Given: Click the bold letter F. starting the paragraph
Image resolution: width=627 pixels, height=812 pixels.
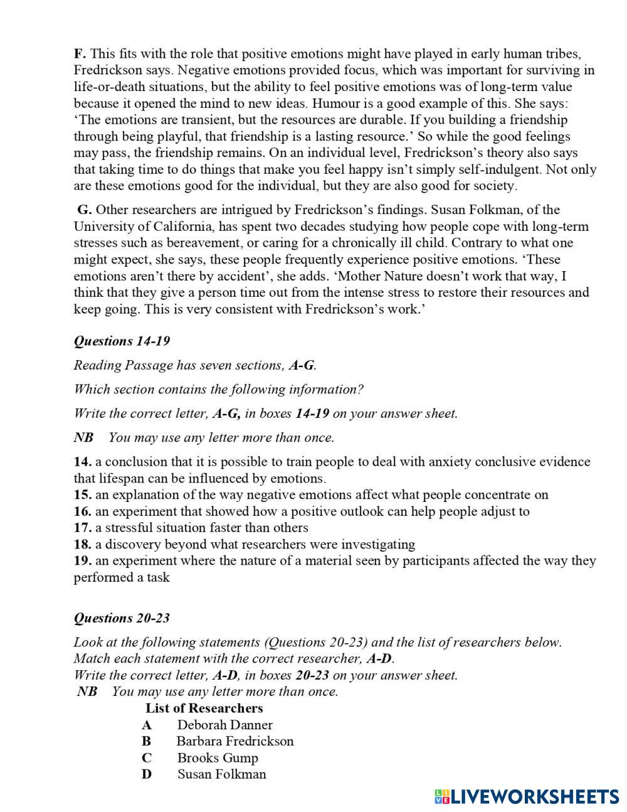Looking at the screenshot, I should (x=80, y=54).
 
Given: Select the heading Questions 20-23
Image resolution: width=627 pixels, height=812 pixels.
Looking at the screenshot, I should (x=122, y=618).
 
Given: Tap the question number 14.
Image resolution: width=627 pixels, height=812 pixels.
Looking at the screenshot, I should (x=83, y=462).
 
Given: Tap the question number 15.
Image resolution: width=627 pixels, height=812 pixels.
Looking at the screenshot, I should (x=83, y=494).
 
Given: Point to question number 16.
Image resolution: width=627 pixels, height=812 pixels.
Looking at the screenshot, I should (x=83, y=511).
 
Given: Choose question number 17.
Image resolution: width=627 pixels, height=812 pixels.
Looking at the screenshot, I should (x=83, y=528).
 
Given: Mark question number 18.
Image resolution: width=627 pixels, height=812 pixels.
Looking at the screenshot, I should (x=83, y=544).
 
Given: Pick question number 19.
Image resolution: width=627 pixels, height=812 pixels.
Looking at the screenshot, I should (x=83, y=560).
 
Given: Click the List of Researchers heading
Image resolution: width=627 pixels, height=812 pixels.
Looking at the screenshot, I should (x=204, y=708).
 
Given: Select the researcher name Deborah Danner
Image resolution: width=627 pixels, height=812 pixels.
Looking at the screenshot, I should (x=224, y=725).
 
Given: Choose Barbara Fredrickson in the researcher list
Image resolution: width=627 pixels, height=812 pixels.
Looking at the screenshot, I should (x=234, y=741).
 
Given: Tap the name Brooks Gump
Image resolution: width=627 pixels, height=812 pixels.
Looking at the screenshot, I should (x=218, y=757).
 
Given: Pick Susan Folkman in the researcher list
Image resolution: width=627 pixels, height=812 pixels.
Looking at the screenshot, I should (x=221, y=774).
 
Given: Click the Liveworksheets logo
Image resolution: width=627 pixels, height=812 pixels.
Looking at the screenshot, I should (x=526, y=796).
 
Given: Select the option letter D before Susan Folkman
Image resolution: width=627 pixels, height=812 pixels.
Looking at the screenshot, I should (x=146, y=774).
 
